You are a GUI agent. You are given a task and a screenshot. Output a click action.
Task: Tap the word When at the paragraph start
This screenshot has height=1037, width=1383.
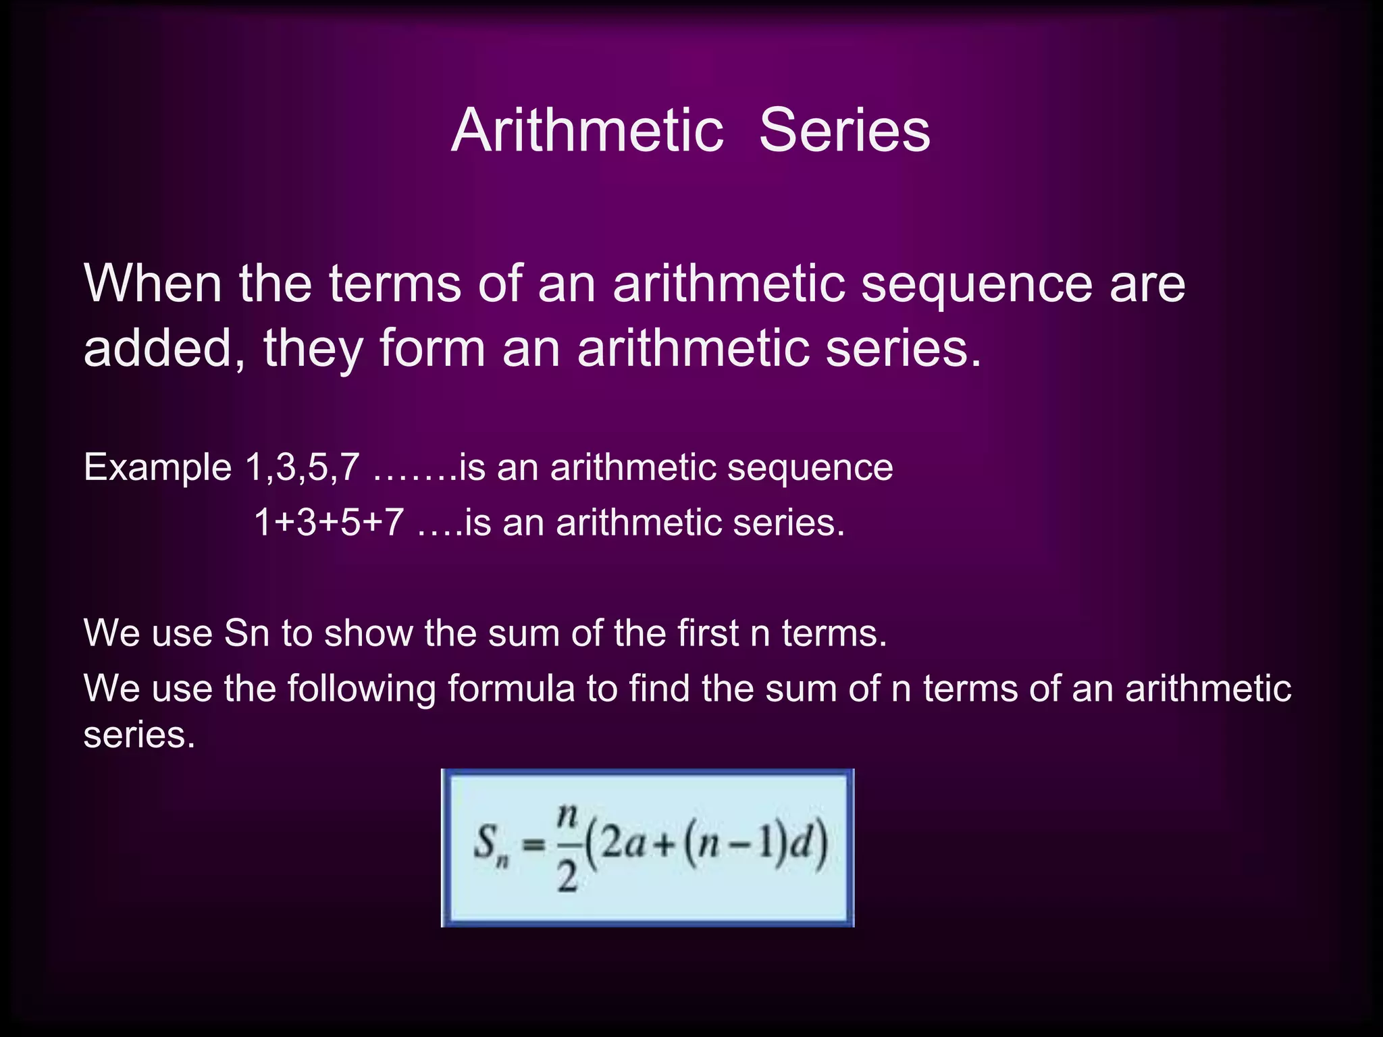click(x=153, y=284)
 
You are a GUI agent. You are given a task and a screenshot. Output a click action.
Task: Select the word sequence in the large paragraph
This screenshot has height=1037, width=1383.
click(x=976, y=285)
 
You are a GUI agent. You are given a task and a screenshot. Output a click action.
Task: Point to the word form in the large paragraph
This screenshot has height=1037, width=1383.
click(x=432, y=348)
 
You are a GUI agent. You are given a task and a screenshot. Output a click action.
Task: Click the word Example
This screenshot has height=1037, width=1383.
click(x=157, y=467)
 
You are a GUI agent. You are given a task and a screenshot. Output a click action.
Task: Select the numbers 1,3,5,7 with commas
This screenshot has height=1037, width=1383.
click(x=302, y=467)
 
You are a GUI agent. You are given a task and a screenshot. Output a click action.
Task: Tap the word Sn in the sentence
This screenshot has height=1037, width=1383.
click(x=246, y=633)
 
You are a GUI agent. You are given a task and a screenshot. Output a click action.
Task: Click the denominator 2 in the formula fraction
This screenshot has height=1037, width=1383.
click(x=567, y=878)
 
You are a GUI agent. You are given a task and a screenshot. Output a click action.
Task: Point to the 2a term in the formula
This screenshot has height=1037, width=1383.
click(x=623, y=844)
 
